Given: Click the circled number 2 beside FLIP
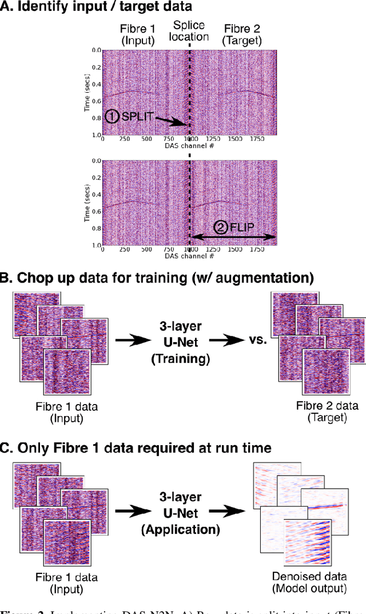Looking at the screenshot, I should [x=220, y=227].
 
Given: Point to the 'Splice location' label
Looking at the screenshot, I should [x=190, y=31].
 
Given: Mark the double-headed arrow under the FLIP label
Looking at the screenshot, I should [x=233, y=237].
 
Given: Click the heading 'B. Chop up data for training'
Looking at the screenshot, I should [x=157, y=278].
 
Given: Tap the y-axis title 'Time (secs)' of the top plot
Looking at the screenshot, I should [x=87, y=91].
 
